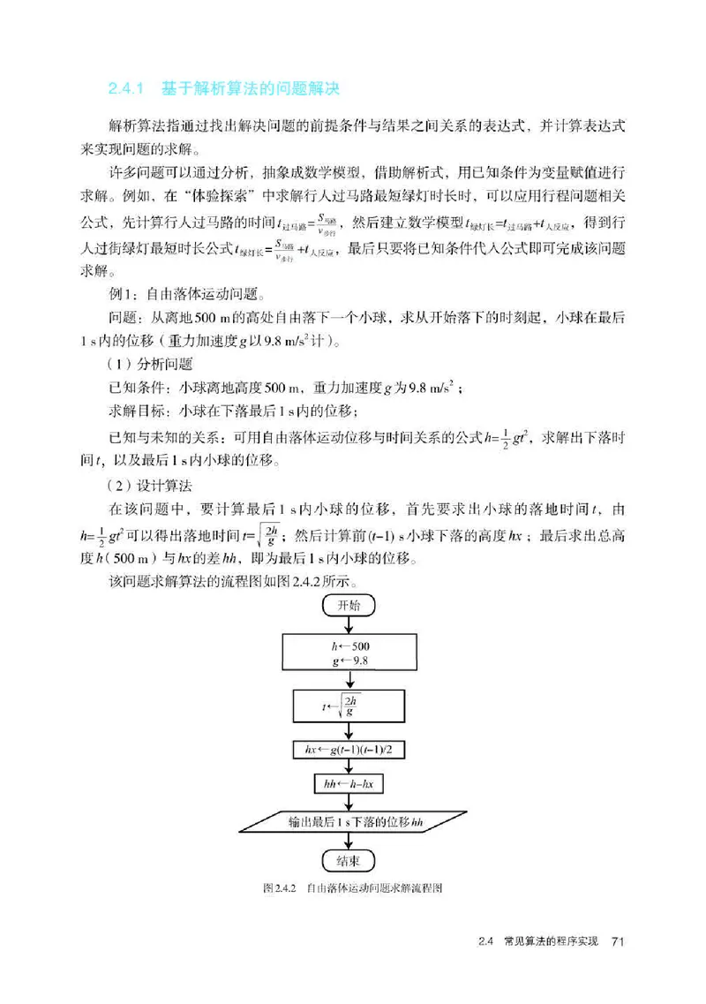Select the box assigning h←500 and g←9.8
[350, 653]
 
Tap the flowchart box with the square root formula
[350, 705]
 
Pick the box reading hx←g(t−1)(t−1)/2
[350, 749]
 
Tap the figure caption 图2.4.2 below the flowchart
[280, 887]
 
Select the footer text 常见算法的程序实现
[546, 941]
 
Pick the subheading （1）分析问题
[146, 363]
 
